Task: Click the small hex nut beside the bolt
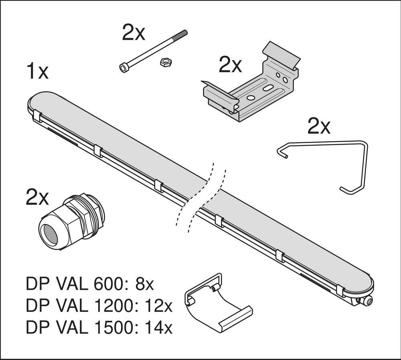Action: pyautogui.click(x=164, y=62)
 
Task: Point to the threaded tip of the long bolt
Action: pyautogui.click(x=184, y=33)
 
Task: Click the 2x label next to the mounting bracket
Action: pyautogui.click(x=230, y=65)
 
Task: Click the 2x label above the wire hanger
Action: pyautogui.click(x=319, y=127)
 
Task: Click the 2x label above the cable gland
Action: pyautogui.click(x=37, y=198)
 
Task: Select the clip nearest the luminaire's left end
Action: pyautogui.click(x=37, y=117)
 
